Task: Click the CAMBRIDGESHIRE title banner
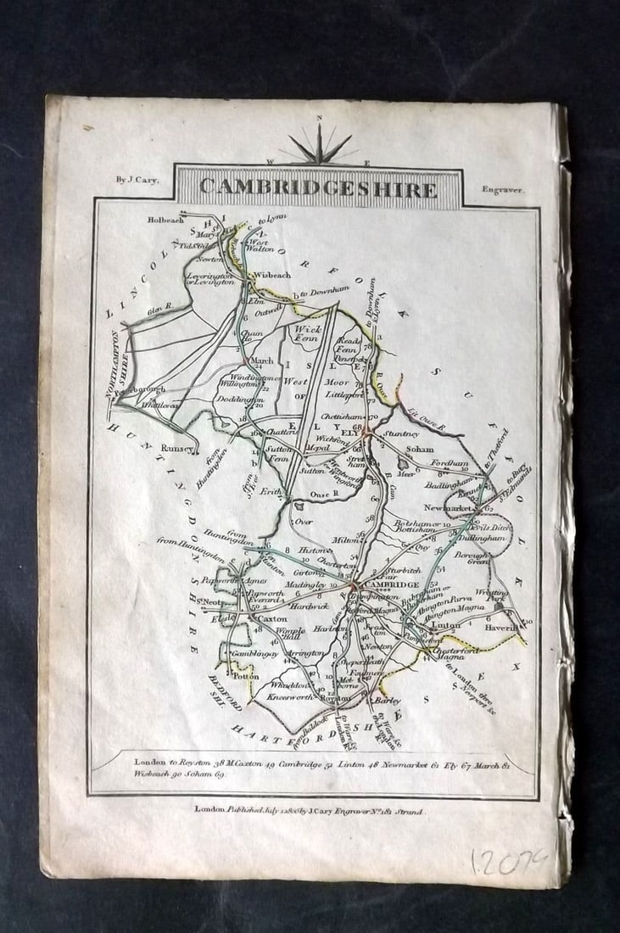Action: (x=318, y=187)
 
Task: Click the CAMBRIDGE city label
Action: (x=392, y=585)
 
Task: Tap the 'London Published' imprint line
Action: (x=310, y=811)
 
